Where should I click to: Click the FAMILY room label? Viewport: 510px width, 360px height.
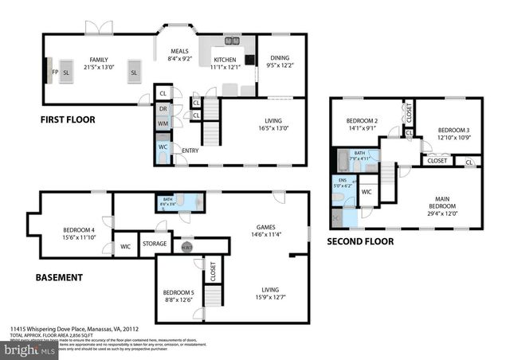coord(99,60)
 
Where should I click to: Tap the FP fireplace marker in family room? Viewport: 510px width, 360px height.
coord(55,72)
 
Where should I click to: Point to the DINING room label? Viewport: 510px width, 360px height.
coord(280,57)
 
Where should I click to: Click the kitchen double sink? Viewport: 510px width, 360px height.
coord(232,41)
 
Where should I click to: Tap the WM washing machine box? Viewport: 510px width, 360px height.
coord(163,123)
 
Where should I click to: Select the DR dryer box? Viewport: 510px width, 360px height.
coord(163,109)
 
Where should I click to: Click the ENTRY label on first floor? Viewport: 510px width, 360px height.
coord(190,150)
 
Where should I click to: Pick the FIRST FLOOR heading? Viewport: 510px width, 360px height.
coord(68,119)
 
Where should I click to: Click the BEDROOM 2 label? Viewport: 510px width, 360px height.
coord(363,120)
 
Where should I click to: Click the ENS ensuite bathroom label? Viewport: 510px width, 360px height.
coord(343,182)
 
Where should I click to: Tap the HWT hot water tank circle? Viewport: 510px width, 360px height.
coord(186,246)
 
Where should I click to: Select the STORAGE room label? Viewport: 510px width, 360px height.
coord(154,244)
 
